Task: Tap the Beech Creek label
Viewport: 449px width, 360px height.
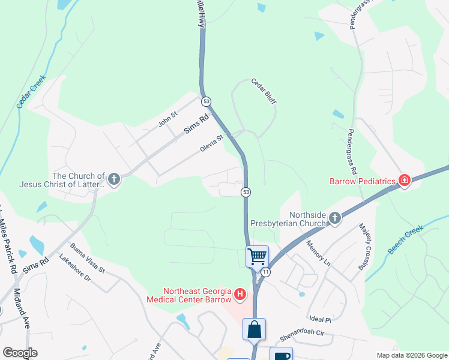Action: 406,240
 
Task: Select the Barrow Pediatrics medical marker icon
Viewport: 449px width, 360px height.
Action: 405,181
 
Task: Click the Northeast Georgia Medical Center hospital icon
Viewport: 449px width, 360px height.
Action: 240,295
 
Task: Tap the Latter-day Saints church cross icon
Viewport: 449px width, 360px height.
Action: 113,179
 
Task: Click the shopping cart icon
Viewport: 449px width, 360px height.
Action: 258,257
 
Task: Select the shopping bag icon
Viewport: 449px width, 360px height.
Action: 254,329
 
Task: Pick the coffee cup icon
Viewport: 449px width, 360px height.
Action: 280,355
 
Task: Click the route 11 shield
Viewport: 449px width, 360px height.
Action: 265,272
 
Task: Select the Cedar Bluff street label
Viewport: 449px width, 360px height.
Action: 264,92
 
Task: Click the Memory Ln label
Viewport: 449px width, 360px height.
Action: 318,253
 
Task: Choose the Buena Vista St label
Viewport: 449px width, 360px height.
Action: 88,258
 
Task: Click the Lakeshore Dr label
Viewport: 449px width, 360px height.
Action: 75,268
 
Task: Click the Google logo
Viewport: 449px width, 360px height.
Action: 20,353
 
